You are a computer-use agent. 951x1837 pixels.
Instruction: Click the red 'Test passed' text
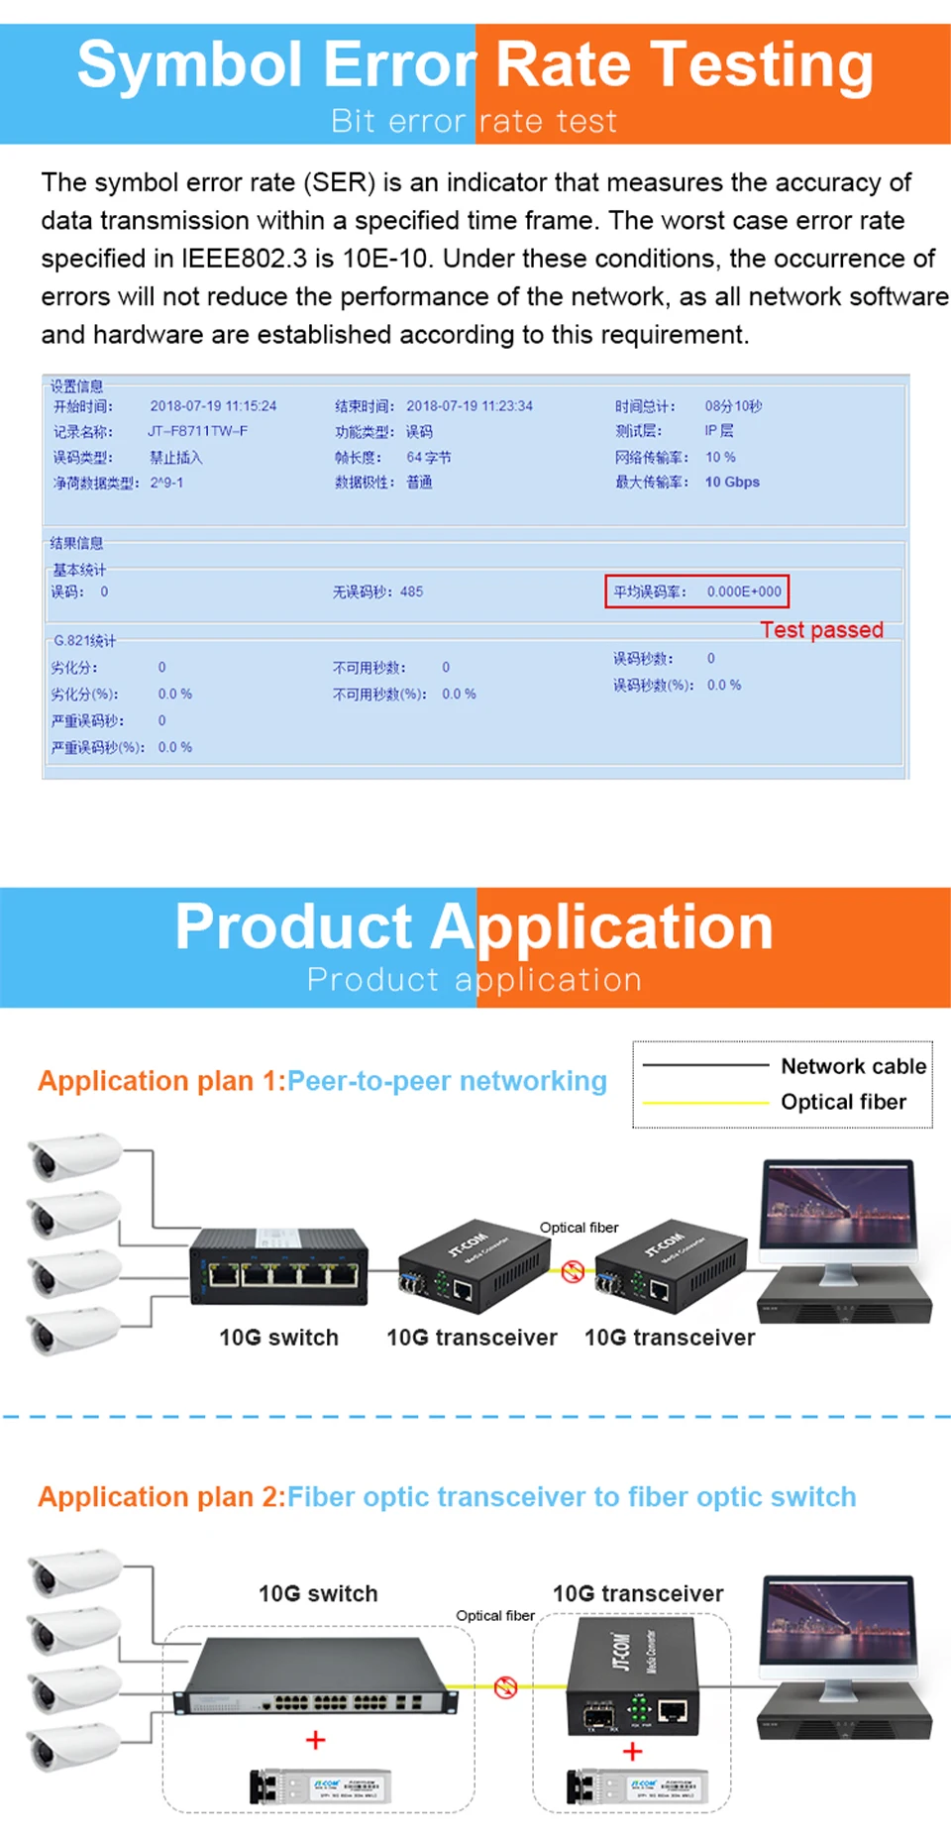tap(821, 630)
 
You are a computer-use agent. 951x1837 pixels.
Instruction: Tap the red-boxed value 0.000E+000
tap(744, 592)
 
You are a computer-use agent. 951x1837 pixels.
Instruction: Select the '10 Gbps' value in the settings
tap(732, 483)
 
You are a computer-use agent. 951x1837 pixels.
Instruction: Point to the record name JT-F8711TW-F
tap(198, 431)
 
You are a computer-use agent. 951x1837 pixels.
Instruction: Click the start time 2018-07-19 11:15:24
tap(213, 406)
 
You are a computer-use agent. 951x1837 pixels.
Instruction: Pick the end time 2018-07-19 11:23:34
tap(470, 406)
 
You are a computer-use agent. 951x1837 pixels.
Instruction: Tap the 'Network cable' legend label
tap(853, 1066)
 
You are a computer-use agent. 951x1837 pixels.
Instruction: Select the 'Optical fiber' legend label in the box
tap(843, 1102)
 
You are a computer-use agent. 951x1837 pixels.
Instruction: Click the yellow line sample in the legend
tap(705, 1102)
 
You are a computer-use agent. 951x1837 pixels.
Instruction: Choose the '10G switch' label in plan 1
tap(278, 1338)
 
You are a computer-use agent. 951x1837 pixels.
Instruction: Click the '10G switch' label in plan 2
tap(318, 1593)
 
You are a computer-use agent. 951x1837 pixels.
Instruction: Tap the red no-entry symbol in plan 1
tap(573, 1271)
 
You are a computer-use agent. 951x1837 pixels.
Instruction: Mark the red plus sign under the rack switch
tap(315, 1740)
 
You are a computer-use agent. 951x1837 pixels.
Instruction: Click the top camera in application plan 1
tap(74, 1155)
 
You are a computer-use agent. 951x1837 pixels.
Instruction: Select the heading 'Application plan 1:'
tap(161, 1081)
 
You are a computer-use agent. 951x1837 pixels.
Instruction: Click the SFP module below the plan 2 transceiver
tap(636, 1786)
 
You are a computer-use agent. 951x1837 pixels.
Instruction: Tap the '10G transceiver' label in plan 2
tap(638, 1593)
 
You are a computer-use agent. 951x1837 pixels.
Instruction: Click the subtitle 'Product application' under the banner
tap(474, 980)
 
